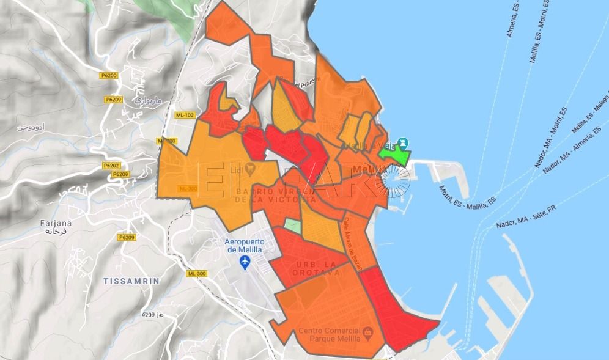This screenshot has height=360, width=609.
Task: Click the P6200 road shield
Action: (x=111, y=75)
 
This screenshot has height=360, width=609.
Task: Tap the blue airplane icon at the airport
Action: (x=245, y=262)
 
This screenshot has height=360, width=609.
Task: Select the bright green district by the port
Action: (x=394, y=155)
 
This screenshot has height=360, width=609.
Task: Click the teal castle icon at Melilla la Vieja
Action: (x=402, y=143)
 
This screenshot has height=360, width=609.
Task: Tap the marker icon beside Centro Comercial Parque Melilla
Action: (x=368, y=333)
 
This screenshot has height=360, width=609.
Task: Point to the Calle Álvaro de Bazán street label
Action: (x=352, y=243)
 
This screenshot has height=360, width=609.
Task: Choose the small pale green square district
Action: (x=293, y=226)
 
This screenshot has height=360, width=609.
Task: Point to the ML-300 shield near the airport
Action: (x=196, y=274)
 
